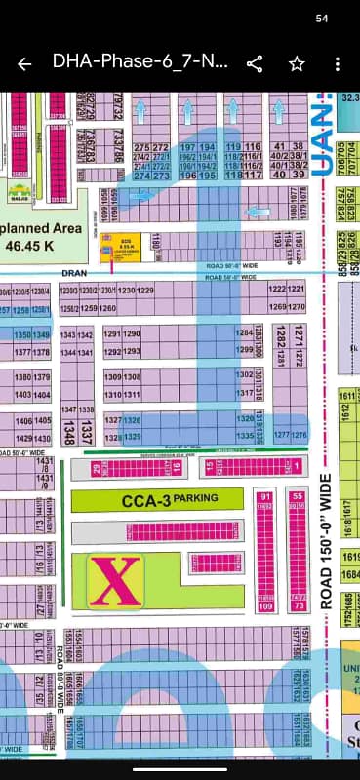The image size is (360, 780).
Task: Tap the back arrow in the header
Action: pyautogui.click(x=24, y=64)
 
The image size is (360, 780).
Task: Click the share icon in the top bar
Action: pyautogui.click(x=255, y=64)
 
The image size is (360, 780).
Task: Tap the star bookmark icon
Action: pyautogui.click(x=297, y=64)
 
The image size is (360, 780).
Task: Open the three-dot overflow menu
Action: pyautogui.click(x=338, y=64)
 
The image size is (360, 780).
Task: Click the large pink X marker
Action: pyautogui.click(x=116, y=581)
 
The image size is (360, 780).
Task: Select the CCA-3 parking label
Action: pyautogui.click(x=169, y=499)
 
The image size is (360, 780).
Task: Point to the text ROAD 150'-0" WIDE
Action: pyautogui.click(x=326, y=541)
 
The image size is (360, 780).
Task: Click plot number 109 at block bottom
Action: pyautogui.click(x=264, y=606)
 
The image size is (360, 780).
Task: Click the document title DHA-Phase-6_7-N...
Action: pyautogui.click(x=140, y=64)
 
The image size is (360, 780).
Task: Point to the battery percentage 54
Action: pyautogui.click(x=323, y=19)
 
